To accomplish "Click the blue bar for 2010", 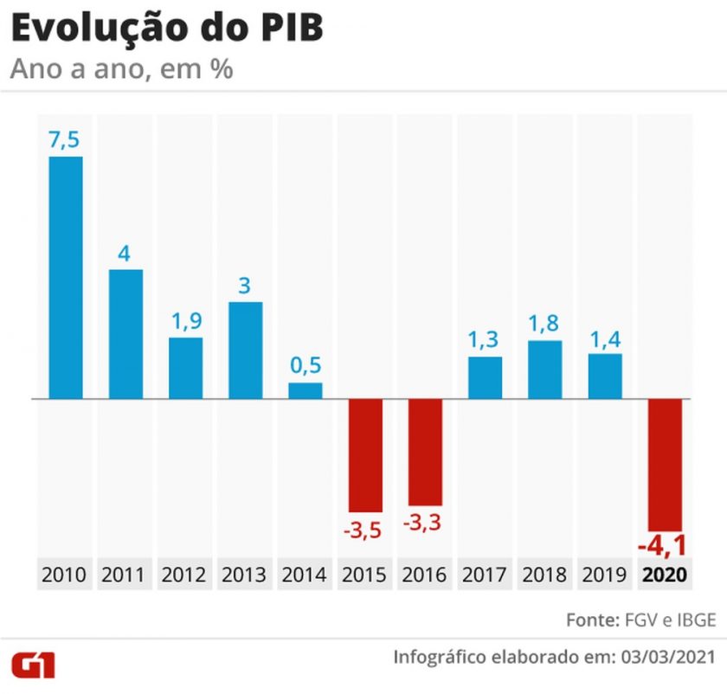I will pos(66,277).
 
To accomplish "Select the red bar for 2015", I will pos(365,455).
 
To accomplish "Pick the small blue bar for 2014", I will pos(306,390).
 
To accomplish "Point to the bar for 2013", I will pos(245,350).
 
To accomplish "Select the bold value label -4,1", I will pos(663,547).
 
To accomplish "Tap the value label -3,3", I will pos(425,524).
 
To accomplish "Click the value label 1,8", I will pos(544,325).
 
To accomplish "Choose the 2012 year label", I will pos(185,575).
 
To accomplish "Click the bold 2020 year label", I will pos(664,575).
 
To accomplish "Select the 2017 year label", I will pos(485,575).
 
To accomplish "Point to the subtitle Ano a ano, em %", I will pos(121,69).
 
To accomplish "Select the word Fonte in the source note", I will pos(592,620).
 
